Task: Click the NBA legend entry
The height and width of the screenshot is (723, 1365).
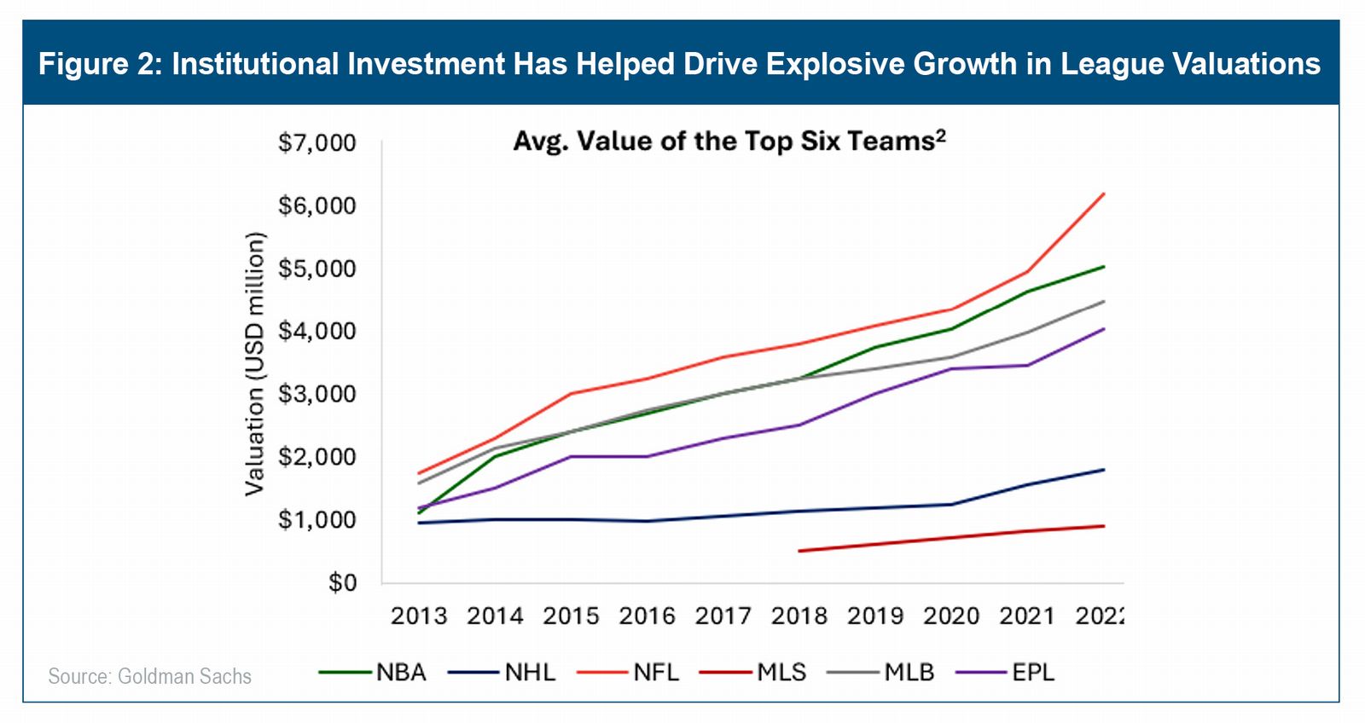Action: pos(373,673)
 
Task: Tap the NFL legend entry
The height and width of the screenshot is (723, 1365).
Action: pos(629,673)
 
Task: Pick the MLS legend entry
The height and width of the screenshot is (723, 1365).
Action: pos(753,673)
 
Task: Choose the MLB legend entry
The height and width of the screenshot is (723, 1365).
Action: pos(881,673)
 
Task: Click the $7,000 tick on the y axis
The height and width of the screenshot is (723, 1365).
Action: pos(317,142)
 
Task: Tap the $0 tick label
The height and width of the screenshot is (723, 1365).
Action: pos(342,583)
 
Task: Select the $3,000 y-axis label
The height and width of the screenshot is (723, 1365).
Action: pos(317,394)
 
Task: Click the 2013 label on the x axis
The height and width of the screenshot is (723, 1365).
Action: pos(418,616)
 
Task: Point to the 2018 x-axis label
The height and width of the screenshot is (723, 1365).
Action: pos(799,616)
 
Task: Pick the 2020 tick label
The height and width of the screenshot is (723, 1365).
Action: pos(950,616)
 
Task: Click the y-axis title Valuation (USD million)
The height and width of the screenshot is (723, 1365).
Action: pos(254,363)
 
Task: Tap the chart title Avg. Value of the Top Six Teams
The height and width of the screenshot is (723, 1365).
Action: pos(729,141)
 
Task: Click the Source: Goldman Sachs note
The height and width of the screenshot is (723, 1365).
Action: pos(149,677)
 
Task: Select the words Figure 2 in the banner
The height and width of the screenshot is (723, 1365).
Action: pos(101,64)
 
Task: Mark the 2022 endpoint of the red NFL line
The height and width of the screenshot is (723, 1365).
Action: pos(1104,194)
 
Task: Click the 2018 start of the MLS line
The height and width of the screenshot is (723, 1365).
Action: pos(799,551)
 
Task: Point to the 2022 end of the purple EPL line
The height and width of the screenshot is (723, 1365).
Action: pos(1104,328)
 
